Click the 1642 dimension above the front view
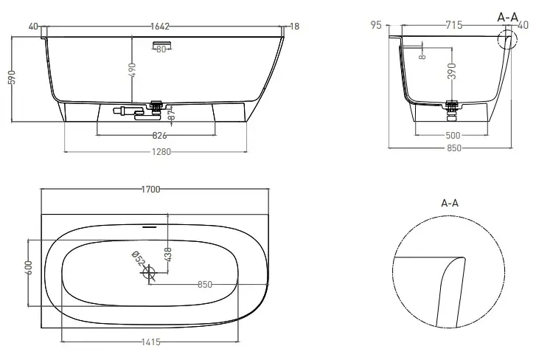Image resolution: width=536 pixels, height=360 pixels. click(160, 27)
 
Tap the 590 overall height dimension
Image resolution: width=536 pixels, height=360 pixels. click(12, 77)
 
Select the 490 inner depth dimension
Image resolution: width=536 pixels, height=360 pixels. click(133, 70)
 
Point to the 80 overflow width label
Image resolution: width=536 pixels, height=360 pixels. click(161, 49)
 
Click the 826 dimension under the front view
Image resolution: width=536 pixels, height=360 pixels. click(159, 136)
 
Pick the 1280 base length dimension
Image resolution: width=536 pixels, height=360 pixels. click(161, 152)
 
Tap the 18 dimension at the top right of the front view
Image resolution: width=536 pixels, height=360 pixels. click(294, 27)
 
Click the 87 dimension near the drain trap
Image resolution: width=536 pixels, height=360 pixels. click(172, 114)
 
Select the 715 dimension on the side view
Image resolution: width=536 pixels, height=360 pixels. click(453, 25)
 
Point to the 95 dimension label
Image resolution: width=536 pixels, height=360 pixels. click(376, 25)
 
